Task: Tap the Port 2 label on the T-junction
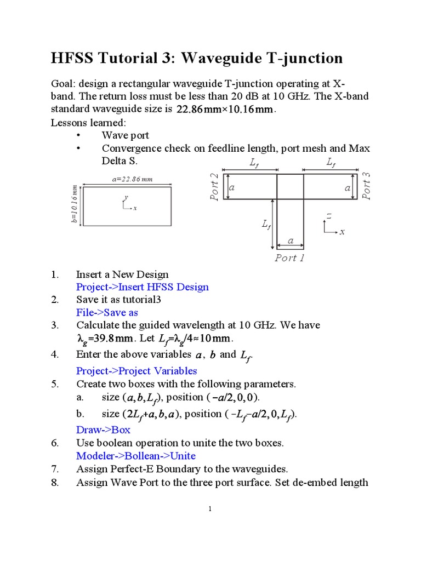tap(215, 186)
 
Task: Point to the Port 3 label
tap(367, 186)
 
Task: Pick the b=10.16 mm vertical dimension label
tap(74, 205)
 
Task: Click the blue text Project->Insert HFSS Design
tap(142, 287)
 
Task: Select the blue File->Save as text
tap(107, 312)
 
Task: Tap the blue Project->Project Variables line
tap(136, 371)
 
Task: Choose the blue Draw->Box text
tap(103, 430)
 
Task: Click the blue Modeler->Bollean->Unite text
tap(135, 456)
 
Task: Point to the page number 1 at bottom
tap(210, 510)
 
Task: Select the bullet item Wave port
tap(126, 135)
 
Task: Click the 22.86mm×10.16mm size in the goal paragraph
tap(225, 110)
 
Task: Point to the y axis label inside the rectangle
tap(126, 197)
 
